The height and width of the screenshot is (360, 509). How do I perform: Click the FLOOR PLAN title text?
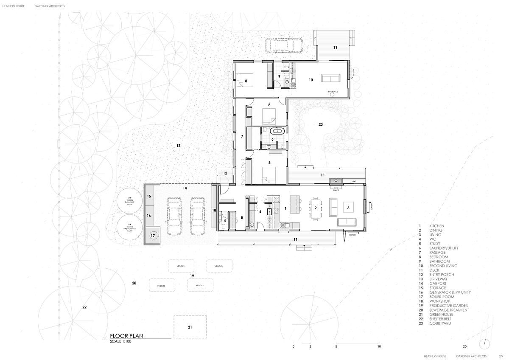point(126,335)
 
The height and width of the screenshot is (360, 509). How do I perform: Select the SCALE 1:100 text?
point(121,341)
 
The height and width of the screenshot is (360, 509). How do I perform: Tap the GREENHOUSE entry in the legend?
point(441,315)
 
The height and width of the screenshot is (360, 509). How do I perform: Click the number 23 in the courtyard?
point(321,124)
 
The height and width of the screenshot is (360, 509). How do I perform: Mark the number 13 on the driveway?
point(179,146)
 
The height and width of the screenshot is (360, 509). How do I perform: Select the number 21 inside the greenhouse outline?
point(190,327)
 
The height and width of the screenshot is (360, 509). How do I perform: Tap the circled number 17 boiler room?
point(153,236)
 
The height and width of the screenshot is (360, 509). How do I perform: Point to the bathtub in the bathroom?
point(279,131)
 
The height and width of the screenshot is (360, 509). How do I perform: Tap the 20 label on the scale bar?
point(465,347)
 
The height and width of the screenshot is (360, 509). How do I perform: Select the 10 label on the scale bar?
point(379,347)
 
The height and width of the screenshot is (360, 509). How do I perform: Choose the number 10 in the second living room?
point(310,80)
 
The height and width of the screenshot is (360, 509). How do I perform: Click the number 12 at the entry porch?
point(225,173)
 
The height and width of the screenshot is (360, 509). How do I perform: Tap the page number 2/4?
point(501,356)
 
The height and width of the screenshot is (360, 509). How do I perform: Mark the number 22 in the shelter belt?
point(84,307)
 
